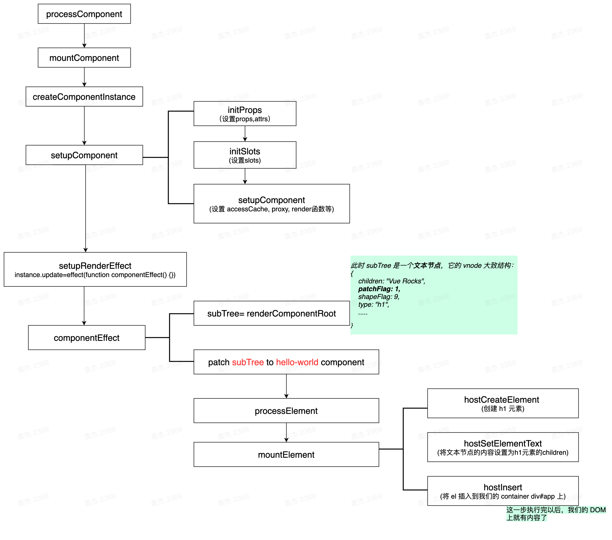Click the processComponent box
84,14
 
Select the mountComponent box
84,57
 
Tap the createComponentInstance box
84,96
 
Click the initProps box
245,113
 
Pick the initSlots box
245,155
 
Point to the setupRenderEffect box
95,269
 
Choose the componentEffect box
86,337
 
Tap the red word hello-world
297,362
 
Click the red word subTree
248,362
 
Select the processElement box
286,411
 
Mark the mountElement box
286,454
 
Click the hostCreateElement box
503,403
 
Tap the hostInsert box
503,491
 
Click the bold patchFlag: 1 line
379,289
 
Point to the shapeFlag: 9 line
379,297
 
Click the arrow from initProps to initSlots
245,134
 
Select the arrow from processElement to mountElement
286,432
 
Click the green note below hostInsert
556,514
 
